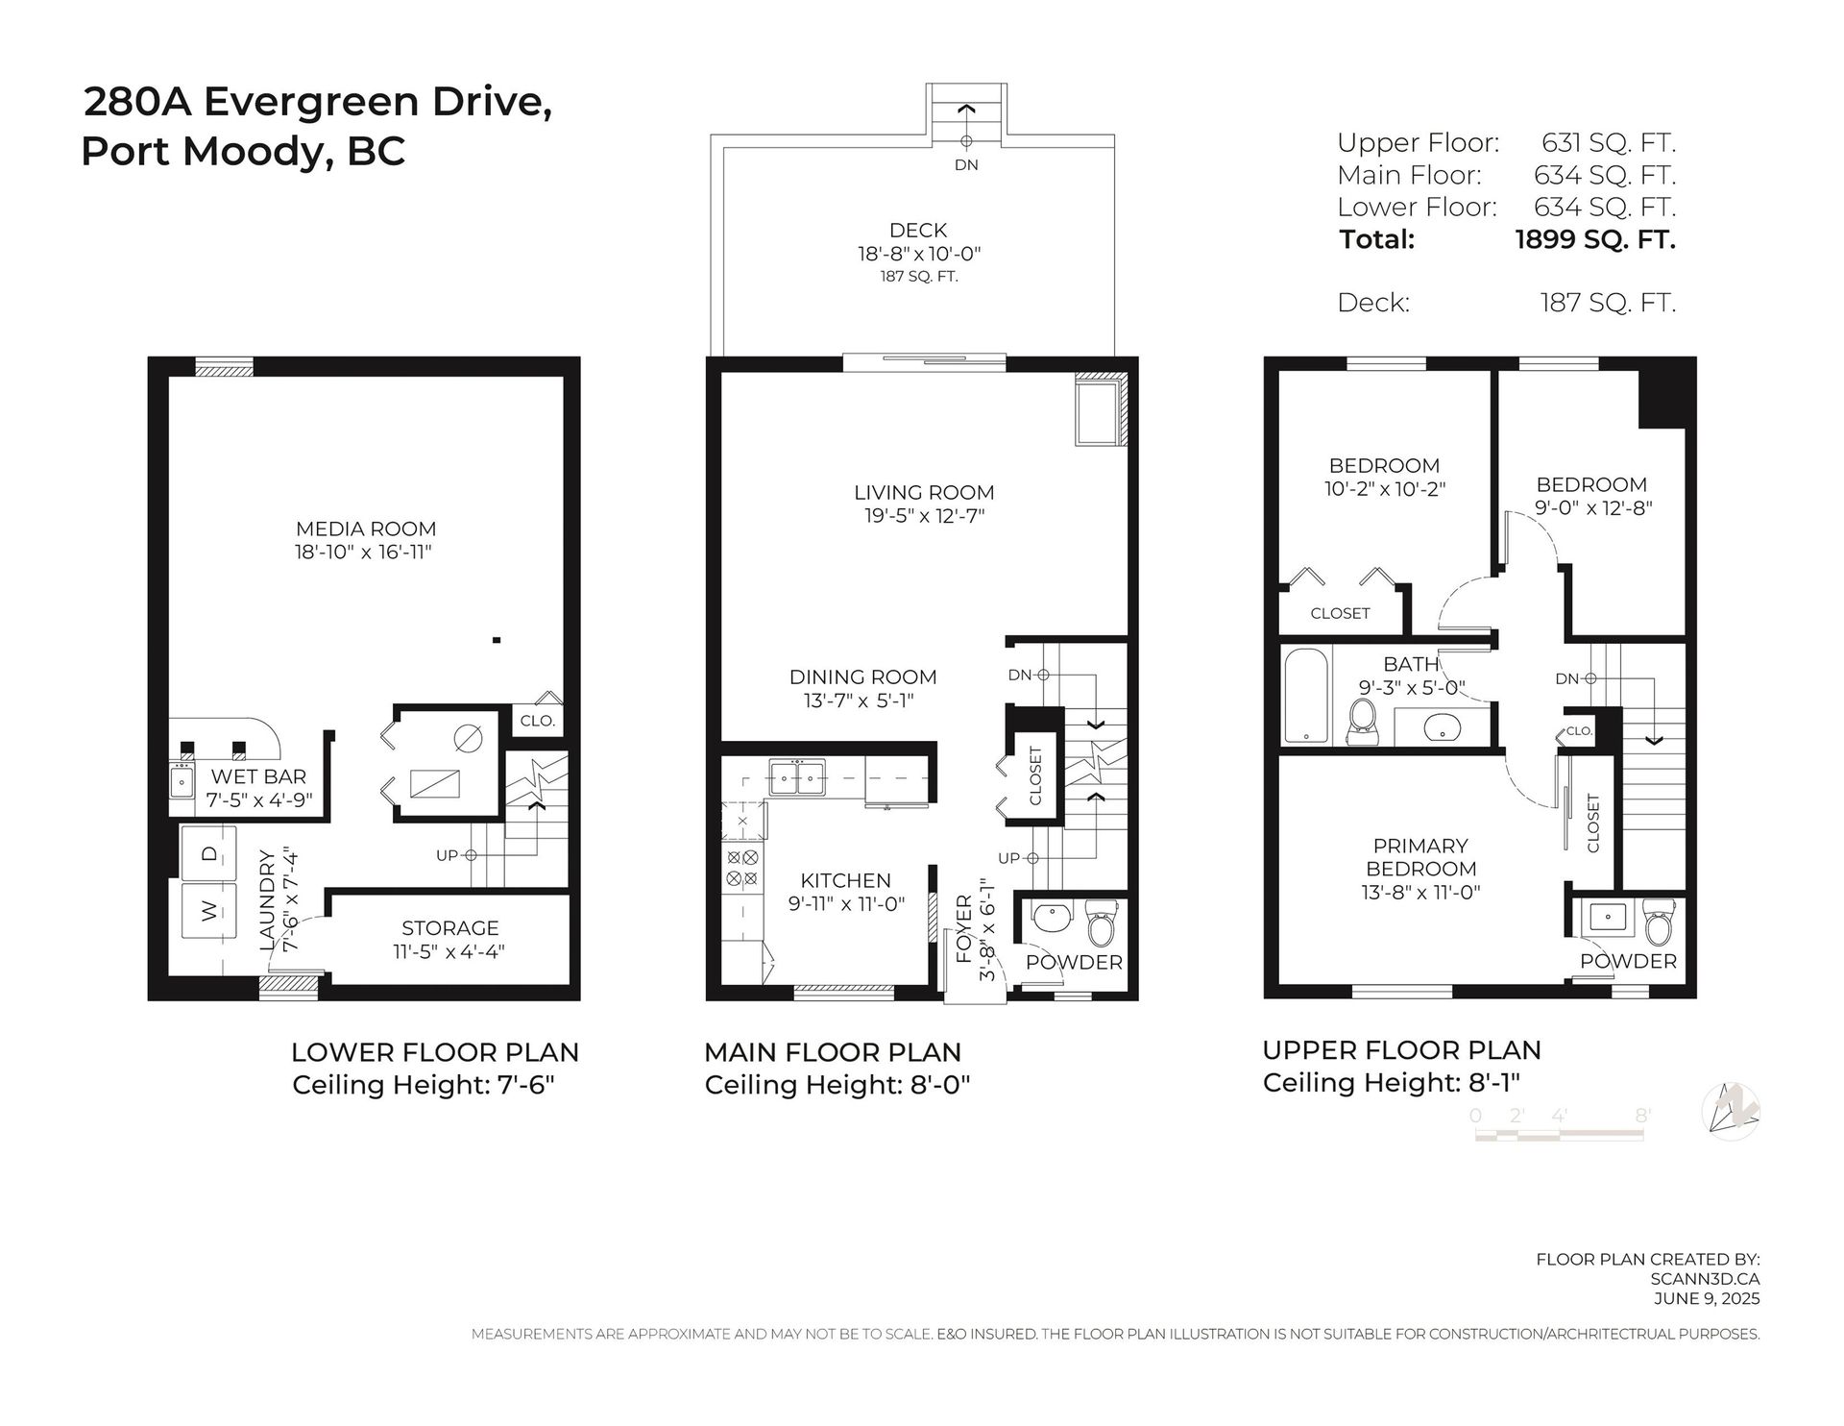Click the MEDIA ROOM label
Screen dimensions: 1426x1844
coord(365,529)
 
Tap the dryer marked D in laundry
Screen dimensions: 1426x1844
coord(208,853)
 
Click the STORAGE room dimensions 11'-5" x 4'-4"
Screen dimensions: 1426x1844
coord(449,951)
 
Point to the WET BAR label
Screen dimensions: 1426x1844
coord(258,776)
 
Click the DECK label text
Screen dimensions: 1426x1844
coord(918,230)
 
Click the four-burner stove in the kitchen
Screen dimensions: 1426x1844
coord(742,868)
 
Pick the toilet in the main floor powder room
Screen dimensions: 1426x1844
coord(1100,924)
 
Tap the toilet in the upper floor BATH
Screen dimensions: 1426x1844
coord(1362,724)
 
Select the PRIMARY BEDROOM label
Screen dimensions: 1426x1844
coord(1420,857)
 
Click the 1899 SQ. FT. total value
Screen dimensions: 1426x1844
coord(1594,239)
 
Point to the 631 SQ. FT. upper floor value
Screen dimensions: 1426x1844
coord(1608,143)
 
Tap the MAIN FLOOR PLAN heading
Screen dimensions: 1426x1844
coord(832,1052)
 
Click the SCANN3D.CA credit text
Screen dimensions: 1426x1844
coord(1704,1279)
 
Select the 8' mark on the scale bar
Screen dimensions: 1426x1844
coord(1642,1116)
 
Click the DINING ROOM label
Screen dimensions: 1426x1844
coord(862,676)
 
